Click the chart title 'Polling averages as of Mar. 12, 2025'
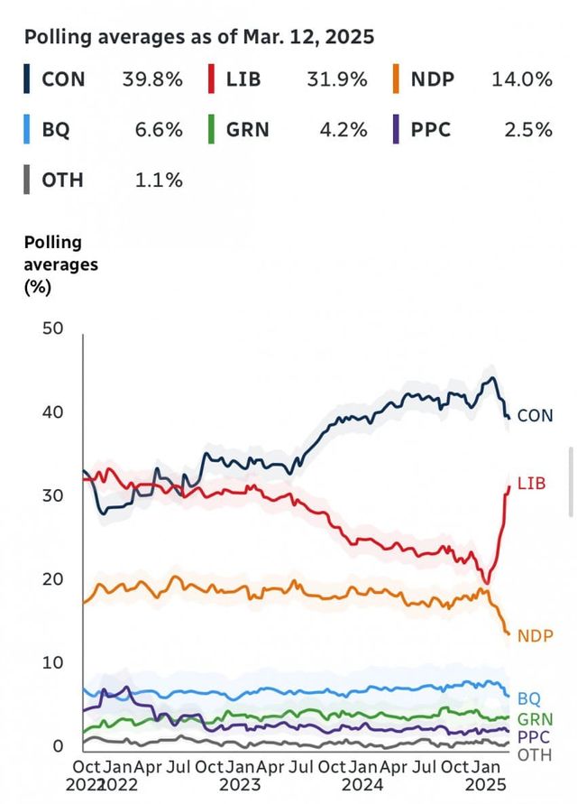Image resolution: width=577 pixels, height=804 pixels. (x=198, y=38)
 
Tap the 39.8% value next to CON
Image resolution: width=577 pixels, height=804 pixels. (x=152, y=79)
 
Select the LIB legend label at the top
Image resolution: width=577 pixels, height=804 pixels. (x=243, y=79)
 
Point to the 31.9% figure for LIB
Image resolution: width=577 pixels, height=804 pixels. (x=337, y=79)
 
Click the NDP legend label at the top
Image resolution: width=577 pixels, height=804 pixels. (x=433, y=79)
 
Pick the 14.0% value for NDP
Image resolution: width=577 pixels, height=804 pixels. (x=522, y=79)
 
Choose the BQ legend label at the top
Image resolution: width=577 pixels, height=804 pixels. (x=55, y=129)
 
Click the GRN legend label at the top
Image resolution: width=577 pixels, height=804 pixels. (x=249, y=129)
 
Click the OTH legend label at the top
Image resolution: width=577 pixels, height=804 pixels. (x=62, y=180)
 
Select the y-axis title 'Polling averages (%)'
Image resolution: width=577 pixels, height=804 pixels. (x=60, y=265)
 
